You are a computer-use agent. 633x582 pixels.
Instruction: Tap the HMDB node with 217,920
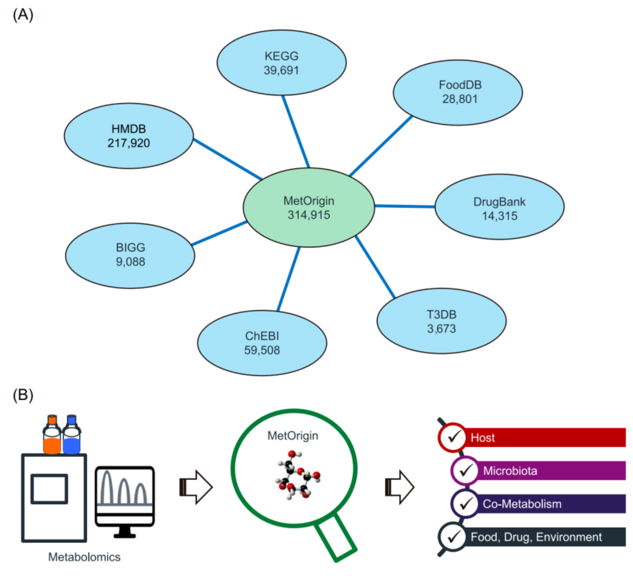click(x=127, y=135)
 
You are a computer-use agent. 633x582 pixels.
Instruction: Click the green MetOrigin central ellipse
click(x=309, y=207)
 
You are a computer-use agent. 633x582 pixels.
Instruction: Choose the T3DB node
click(x=441, y=321)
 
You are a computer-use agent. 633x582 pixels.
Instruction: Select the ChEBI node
click(x=262, y=342)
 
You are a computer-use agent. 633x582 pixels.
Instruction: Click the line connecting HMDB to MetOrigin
click(x=227, y=159)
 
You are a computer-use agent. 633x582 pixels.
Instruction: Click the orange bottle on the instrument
click(x=52, y=436)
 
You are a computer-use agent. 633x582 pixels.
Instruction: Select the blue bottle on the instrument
click(x=72, y=436)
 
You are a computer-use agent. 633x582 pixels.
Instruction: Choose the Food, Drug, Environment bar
click(x=545, y=536)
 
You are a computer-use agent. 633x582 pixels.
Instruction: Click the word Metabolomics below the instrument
click(x=84, y=557)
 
